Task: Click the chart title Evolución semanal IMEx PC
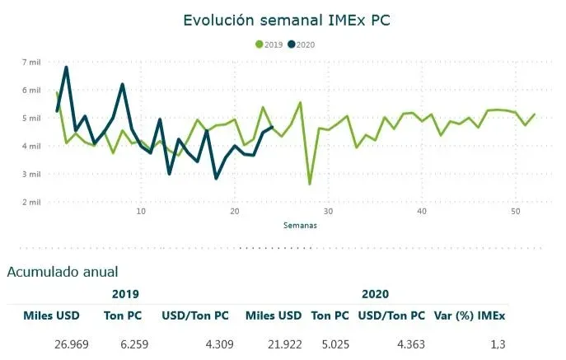coord(288,18)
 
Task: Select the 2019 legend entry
coord(270,44)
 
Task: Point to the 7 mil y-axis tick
coord(30,63)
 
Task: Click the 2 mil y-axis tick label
coord(30,202)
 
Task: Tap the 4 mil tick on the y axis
coord(30,147)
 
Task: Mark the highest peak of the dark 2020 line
coord(66,68)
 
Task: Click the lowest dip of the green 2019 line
coord(310,184)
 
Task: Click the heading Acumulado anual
coord(63,272)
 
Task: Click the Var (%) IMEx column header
coord(470,316)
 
